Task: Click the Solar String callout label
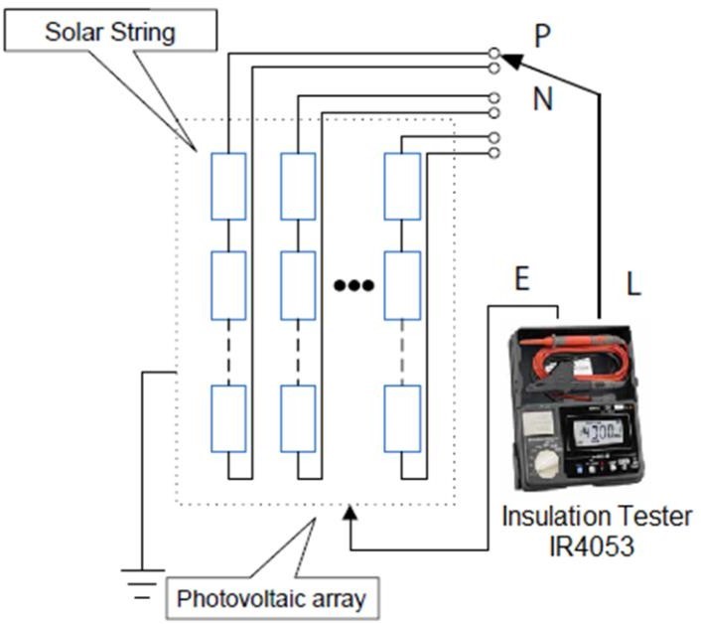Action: point(110,32)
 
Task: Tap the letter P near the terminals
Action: point(542,36)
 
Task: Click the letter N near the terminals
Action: point(542,99)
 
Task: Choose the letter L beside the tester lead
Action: point(633,284)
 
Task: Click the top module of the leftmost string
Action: point(228,187)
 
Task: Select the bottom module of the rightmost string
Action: point(402,417)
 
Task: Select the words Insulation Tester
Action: point(597,517)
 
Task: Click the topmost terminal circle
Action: point(494,52)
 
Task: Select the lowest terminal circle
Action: point(494,152)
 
